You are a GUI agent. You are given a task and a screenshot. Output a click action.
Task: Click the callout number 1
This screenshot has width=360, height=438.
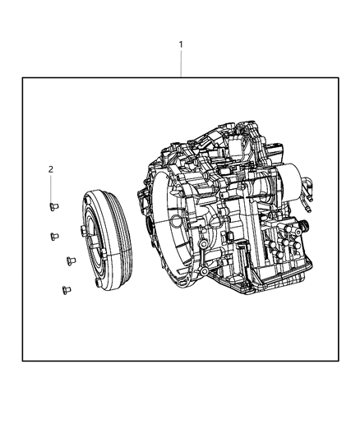click(181, 44)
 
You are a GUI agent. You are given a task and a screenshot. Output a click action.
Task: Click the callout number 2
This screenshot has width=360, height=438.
click(51, 168)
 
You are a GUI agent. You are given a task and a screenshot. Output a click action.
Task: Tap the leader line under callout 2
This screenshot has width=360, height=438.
click(51, 187)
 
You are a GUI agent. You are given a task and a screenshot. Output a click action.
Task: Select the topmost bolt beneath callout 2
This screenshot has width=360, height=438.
click(52, 206)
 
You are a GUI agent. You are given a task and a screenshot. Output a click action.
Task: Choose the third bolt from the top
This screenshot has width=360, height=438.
click(69, 261)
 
